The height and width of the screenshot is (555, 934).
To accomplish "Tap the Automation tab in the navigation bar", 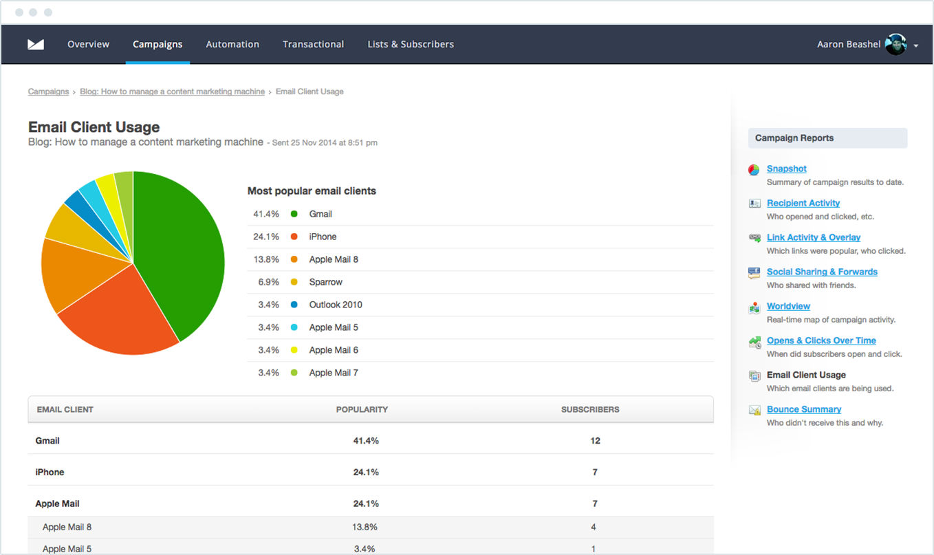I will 232,44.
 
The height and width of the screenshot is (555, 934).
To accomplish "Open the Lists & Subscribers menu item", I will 411,44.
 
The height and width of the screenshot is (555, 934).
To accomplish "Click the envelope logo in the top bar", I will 36,44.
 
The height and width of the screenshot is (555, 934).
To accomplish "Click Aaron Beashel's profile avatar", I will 895,44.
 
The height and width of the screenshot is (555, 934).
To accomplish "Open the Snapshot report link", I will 786,168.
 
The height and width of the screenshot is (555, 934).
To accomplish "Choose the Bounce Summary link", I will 803,409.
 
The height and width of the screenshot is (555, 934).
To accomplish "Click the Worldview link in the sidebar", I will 788,306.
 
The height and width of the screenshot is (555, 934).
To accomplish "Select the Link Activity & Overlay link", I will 814,237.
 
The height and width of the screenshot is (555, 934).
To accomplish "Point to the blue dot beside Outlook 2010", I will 294,305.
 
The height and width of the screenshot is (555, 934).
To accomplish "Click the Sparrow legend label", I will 325,282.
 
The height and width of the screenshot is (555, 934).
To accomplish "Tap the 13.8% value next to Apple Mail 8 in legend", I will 266,259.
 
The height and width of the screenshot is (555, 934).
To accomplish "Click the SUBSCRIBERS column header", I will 590,409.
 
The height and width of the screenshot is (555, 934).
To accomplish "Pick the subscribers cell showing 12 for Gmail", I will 595,441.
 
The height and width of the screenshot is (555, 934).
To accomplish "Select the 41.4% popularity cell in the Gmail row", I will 366,441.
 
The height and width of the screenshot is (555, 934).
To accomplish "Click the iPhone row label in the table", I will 50,472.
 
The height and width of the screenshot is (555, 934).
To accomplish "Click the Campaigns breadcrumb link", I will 48,91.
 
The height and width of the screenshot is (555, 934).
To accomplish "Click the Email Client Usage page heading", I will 94,127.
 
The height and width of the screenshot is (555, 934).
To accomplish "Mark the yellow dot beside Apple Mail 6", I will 294,350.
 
